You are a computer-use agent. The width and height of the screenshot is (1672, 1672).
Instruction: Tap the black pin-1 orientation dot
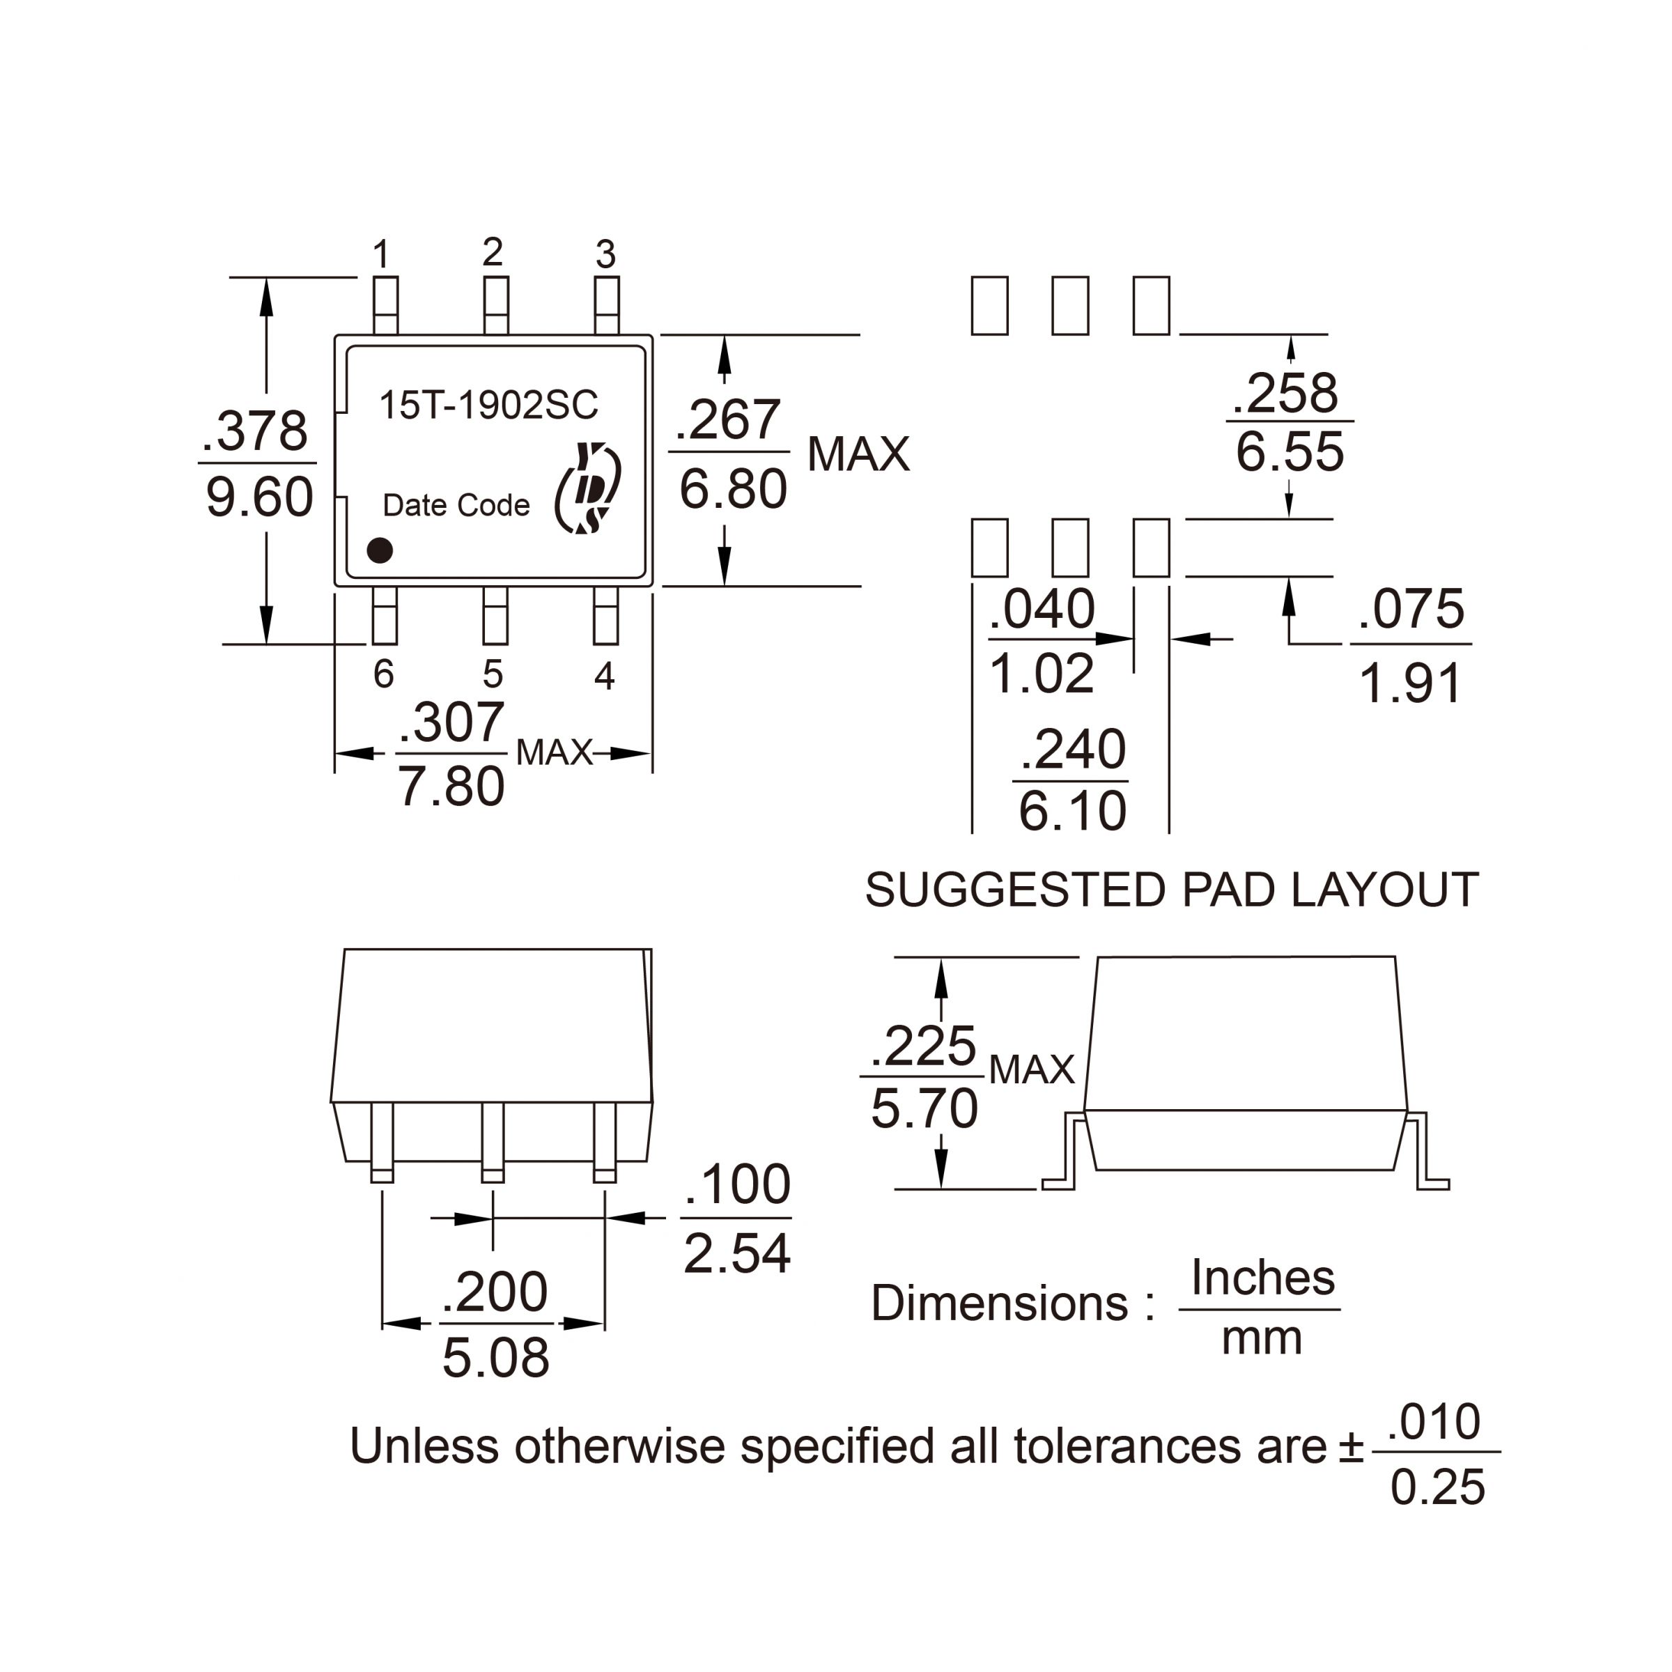pos(380,550)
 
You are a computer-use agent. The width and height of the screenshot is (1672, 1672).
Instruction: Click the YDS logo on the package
pos(589,489)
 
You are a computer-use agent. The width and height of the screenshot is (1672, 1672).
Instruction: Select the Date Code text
pos(456,505)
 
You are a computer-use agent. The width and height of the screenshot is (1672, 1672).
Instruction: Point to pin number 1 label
pos(382,255)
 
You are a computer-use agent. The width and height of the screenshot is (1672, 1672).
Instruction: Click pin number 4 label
pos(605,676)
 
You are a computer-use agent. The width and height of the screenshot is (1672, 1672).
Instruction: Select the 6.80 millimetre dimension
pos(733,490)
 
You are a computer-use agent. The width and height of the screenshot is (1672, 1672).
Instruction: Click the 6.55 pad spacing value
pos(1290,451)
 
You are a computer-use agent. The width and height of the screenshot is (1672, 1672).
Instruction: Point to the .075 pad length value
pos(1411,610)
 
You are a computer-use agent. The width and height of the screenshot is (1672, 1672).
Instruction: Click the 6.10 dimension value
pos(1072,812)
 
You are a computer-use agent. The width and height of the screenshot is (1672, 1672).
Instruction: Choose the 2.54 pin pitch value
pos(736,1253)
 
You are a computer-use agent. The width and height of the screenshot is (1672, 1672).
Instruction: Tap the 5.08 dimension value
pos(496,1357)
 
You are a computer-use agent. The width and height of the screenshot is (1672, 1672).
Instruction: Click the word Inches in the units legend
pos(1262,1278)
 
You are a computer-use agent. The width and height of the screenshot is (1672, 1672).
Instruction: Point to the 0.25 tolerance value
pos(1437,1487)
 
